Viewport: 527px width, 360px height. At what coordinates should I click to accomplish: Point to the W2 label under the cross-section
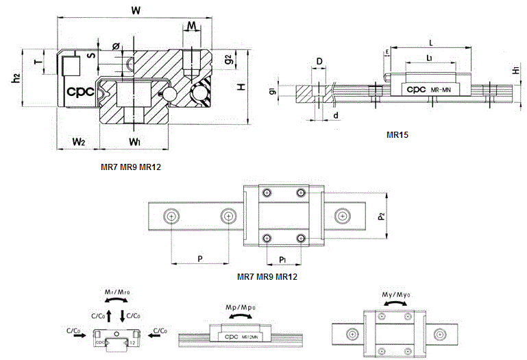[78, 142]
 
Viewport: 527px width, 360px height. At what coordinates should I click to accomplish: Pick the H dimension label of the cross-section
[241, 87]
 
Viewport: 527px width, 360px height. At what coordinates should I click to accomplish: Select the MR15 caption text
[397, 134]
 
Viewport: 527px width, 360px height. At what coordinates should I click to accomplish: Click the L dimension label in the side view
[430, 41]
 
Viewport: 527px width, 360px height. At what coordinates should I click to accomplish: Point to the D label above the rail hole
[319, 62]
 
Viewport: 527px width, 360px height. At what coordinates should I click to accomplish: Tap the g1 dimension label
[272, 91]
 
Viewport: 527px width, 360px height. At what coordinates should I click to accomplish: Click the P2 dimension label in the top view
[381, 216]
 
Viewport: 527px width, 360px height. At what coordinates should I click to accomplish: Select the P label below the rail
[199, 259]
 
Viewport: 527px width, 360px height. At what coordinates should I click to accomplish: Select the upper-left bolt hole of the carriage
[265, 193]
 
